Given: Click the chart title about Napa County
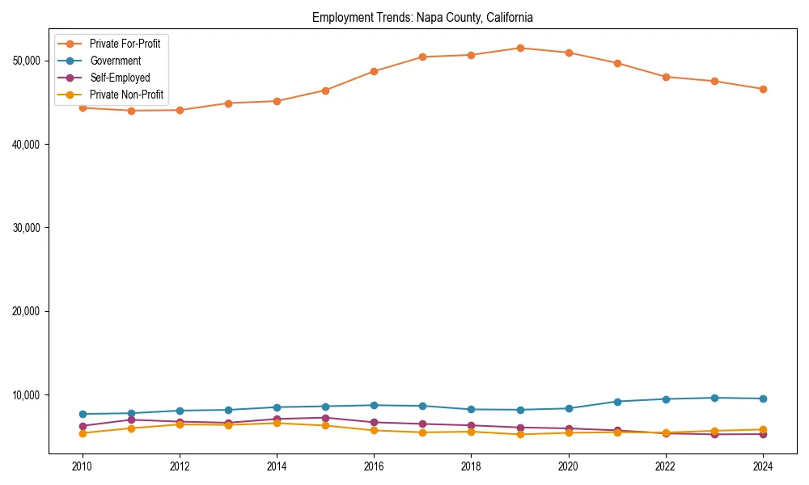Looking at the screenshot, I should click(x=422, y=17).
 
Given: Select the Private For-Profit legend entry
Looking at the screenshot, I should click(x=125, y=44).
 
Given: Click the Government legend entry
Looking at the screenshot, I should click(x=115, y=61).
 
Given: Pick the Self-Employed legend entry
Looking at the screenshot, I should click(x=119, y=78).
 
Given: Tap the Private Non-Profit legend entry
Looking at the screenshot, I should click(x=126, y=95).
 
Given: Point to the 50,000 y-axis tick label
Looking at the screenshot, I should click(x=28, y=61).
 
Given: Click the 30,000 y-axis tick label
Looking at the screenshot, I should click(x=28, y=228).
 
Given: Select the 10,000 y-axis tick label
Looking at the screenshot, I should click(x=28, y=395).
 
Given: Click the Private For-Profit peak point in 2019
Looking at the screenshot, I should click(x=520, y=48).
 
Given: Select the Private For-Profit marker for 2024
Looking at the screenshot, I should click(x=763, y=89).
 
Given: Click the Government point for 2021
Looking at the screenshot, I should click(x=617, y=402).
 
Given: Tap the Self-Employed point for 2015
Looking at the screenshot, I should click(x=325, y=418).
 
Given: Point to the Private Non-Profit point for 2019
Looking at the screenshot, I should click(x=520, y=434).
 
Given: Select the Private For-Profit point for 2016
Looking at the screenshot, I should click(x=374, y=71).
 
